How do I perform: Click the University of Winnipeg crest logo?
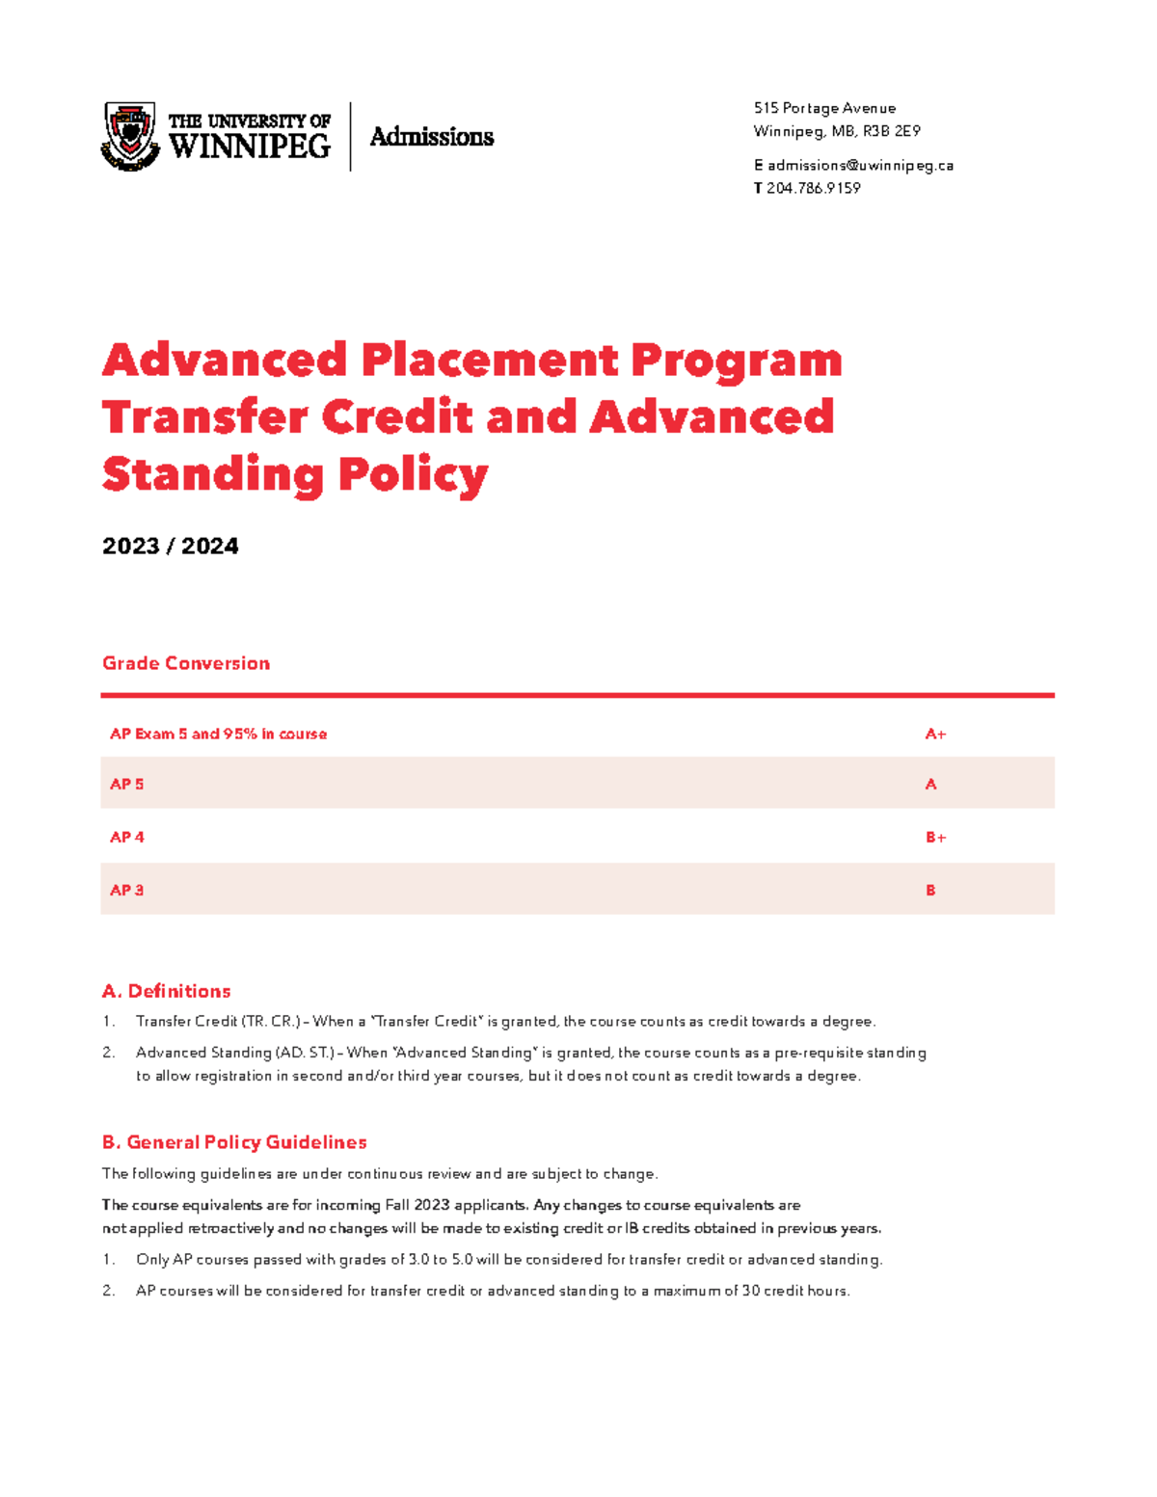[x=130, y=136]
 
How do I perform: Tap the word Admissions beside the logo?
[x=431, y=137]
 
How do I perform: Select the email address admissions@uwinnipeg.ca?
[x=860, y=166]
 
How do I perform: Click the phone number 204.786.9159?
[x=813, y=189]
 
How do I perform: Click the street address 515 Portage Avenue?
[x=824, y=108]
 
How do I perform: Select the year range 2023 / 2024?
[x=170, y=547]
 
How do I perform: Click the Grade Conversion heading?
[x=186, y=663]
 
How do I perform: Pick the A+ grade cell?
[x=935, y=735]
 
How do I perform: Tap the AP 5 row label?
[x=126, y=785]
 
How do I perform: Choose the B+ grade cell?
[x=935, y=838]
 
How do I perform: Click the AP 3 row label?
[x=126, y=891]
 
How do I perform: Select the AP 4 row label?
[x=126, y=838]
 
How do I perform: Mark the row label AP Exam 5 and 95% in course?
[x=218, y=735]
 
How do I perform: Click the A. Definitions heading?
[x=166, y=991]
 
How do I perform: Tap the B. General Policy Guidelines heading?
[x=234, y=1142]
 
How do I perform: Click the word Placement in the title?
[x=490, y=361]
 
